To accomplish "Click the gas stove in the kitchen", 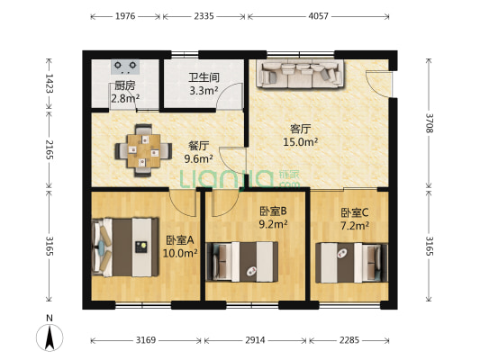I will pyautogui.click(x=125, y=67).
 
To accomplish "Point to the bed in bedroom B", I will pyautogui.click(x=241, y=261).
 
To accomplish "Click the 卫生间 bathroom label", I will pyautogui.click(x=203, y=77).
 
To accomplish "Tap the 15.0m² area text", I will pyautogui.click(x=300, y=141).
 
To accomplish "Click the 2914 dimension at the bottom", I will pyautogui.click(x=256, y=340).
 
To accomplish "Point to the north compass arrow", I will pyautogui.click(x=50, y=337).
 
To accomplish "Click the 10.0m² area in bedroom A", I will pyautogui.click(x=180, y=254).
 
